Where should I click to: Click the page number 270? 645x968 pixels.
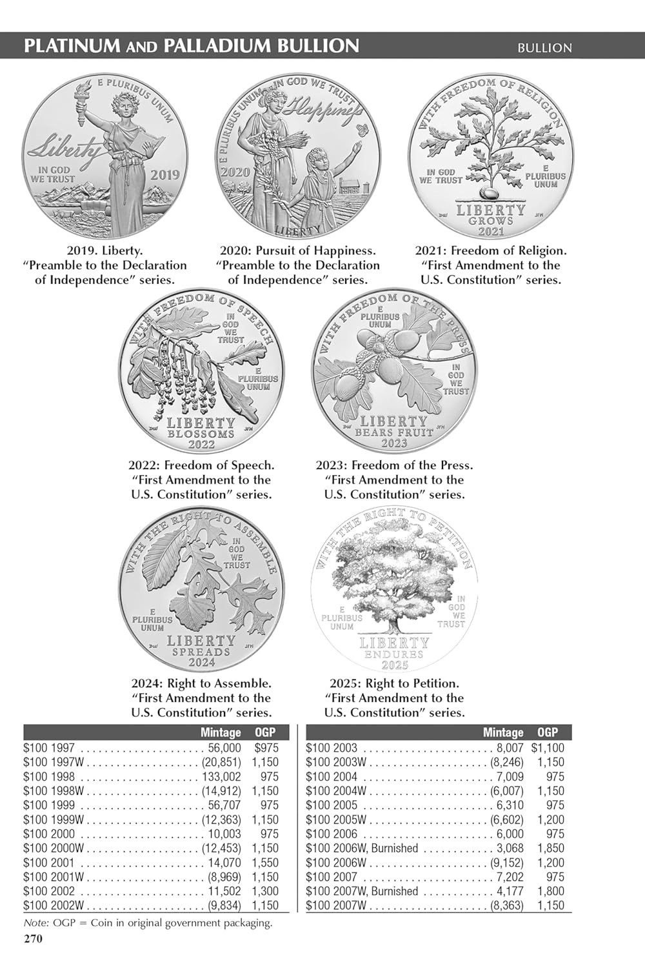[x=33, y=939]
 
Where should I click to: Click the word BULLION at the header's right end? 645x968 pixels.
[x=544, y=47]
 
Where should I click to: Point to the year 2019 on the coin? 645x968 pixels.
[x=165, y=175]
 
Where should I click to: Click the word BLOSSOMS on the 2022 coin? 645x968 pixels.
[x=201, y=434]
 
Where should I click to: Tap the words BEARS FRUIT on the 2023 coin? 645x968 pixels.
[x=394, y=432]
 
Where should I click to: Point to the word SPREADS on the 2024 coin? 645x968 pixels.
[x=201, y=652]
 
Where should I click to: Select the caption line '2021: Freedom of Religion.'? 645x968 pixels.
[x=491, y=250]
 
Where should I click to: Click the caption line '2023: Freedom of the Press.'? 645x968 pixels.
[x=394, y=465]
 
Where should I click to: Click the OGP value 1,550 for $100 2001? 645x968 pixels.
[x=265, y=862]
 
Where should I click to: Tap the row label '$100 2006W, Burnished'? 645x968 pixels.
[x=362, y=848]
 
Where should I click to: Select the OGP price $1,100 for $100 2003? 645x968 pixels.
[x=548, y=749]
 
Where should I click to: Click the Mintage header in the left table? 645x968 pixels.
[x=221, y=732]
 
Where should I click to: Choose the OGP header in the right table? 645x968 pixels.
[x=548, y=732]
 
